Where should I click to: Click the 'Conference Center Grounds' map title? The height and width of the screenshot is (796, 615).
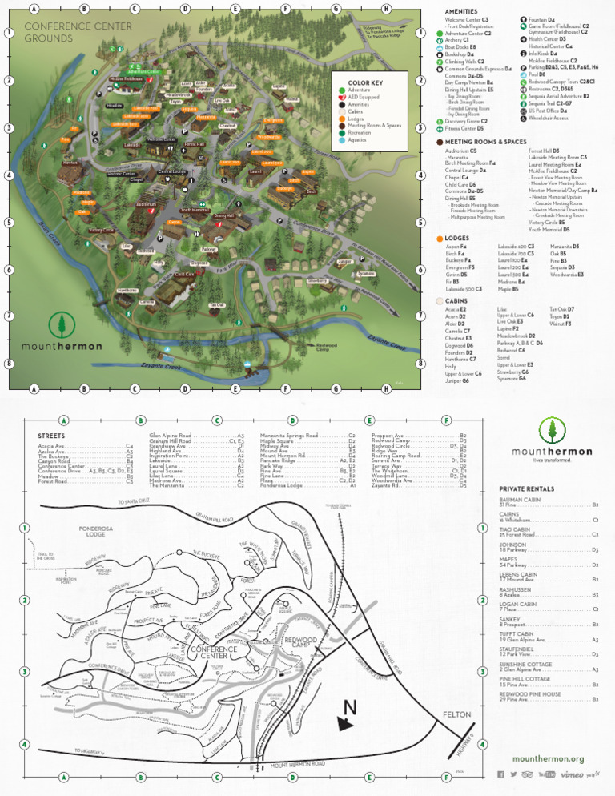67,32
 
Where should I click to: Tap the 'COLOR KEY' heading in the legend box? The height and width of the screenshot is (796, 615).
365,82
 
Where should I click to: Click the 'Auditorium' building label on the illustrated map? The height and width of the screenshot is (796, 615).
146,204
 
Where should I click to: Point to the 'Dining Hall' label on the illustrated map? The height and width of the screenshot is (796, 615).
223,215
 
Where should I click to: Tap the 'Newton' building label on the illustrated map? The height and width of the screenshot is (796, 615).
70,162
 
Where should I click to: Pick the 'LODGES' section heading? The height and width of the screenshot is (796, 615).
456,239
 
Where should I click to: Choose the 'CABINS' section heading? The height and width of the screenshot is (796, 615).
456,300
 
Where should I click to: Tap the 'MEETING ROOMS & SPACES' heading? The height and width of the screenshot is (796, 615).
480,142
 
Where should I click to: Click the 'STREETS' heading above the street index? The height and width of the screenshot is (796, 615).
51,436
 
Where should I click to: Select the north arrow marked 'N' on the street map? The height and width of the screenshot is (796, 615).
348,715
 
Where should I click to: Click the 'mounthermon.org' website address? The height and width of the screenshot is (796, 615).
548,758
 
